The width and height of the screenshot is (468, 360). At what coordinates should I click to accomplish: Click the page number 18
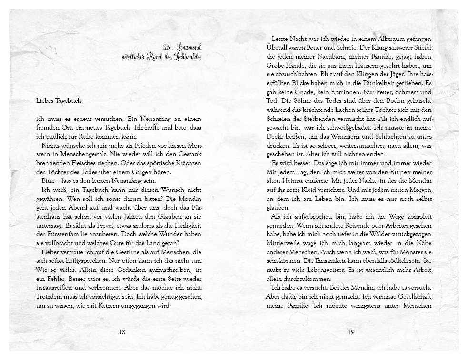click(122, 332)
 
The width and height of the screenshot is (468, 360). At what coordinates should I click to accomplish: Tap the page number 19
click(351, 332)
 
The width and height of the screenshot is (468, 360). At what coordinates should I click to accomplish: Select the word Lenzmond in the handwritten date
click(189, 47)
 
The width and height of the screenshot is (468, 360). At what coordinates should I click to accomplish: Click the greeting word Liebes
click(46, 100)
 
